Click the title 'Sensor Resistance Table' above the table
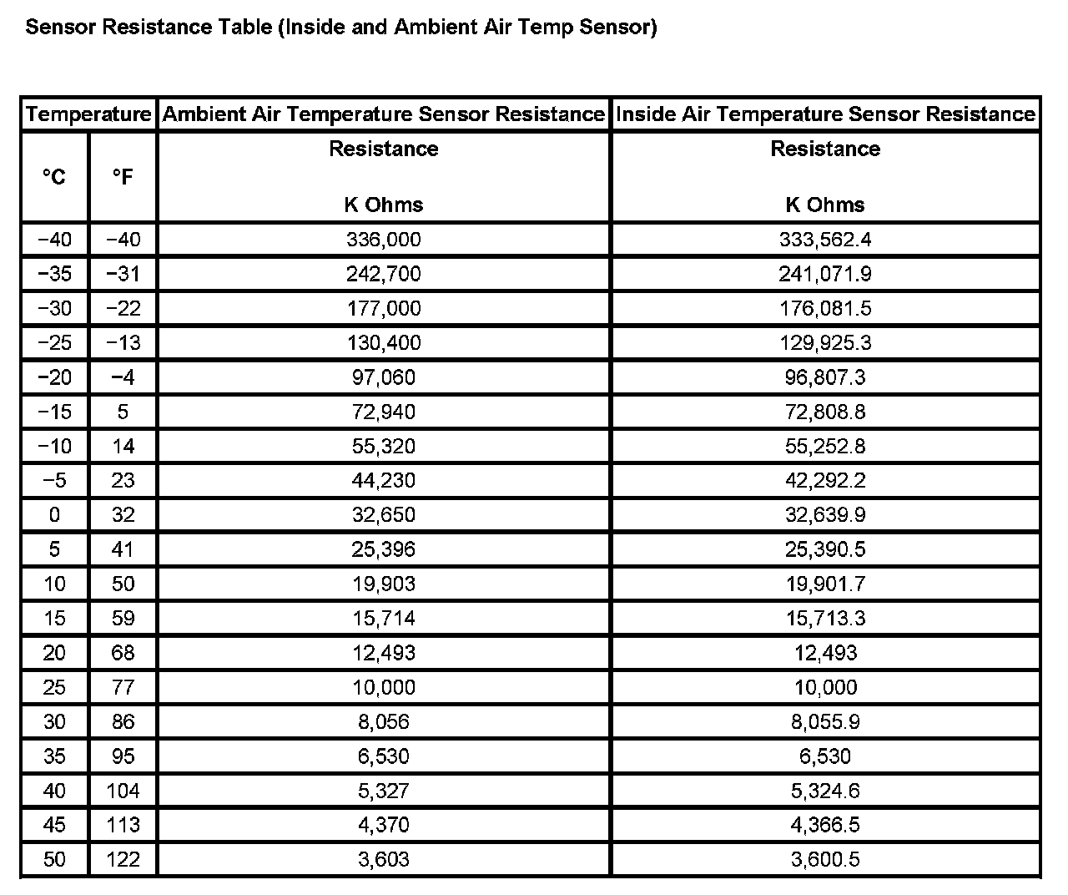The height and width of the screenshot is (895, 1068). tap(340, 27)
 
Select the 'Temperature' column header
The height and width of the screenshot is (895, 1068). tap(88, 114)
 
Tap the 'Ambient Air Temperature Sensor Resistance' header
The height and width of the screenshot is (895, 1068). tap(384, 114)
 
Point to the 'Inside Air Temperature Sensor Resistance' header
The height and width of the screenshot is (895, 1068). tap(825, 114)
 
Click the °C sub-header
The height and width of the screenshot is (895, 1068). tap(54, 176)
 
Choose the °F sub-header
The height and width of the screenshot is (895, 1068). tap(123, 176)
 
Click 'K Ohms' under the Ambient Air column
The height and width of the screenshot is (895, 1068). tap(384, 205)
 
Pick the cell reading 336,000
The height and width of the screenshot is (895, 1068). tap(384, 240)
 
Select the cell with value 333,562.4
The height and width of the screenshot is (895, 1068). tap(825, 240)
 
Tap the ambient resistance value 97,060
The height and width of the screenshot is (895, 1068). tap(384, 377)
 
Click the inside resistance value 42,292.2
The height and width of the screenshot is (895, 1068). tap(825, 480)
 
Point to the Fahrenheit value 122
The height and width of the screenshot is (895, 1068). tap(123, 859)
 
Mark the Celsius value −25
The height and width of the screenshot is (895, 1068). tap(54, 342)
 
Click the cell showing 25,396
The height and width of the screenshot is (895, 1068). tap(384, 549)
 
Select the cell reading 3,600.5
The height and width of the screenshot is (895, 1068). tap(825, 859)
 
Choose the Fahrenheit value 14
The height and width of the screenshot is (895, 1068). tap(123, 446)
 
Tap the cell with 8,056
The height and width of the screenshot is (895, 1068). tap(384, 721)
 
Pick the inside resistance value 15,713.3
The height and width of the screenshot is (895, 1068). tap(825, 618)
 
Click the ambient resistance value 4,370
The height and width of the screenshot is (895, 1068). tap(384, 825)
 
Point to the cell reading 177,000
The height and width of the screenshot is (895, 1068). tap(384, 308)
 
